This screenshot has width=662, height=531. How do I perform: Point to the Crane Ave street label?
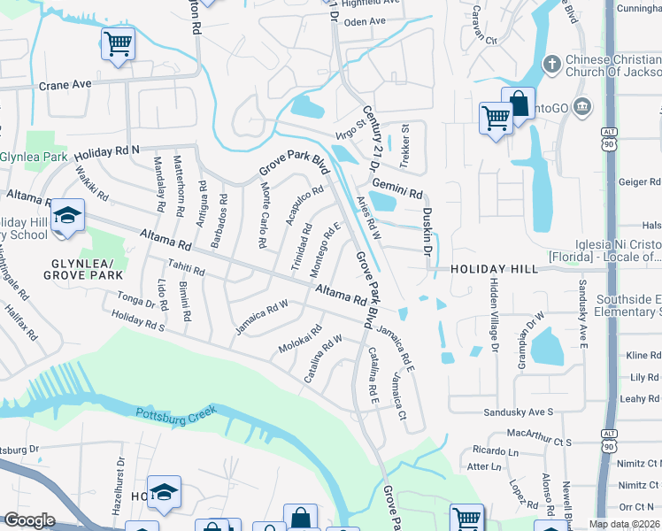[65, 85]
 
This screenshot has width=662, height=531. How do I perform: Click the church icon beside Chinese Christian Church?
[551, 63]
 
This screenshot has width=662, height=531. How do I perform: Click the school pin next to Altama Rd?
[66, 217]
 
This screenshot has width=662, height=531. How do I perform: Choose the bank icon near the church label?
[581, 107]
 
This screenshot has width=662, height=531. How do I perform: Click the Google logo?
[29, 520]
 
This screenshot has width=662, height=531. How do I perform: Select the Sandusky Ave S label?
[518, 412]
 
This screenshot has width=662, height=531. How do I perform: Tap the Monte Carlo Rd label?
[264, 210]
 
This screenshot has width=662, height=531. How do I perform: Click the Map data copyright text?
[624, 524]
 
